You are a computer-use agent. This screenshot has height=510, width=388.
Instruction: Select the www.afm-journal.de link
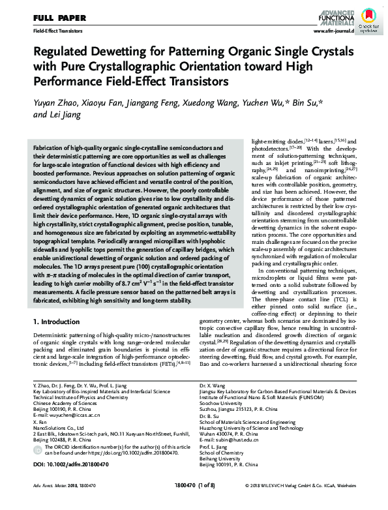point(333,31)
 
